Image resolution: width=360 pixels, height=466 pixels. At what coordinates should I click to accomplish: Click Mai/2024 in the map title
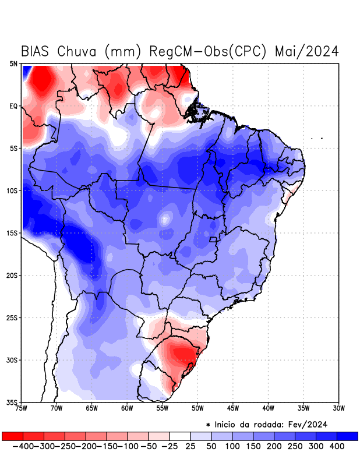(x=307, y=51)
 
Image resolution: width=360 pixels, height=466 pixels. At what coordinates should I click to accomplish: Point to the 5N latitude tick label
(x=13, y=63)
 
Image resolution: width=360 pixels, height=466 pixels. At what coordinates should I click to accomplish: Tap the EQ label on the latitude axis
(x=13, y=106)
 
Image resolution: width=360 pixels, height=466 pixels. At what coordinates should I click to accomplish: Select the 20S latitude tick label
(x=12, y=276)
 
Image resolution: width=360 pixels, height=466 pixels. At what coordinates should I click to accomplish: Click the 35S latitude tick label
(x=12, y=402)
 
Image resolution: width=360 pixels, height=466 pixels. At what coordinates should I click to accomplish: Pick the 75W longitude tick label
(x=22, y=408)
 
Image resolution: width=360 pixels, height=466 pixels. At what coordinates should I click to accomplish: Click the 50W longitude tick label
(x=197, y=408)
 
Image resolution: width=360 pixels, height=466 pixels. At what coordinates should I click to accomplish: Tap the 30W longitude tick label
(x=338, y=408)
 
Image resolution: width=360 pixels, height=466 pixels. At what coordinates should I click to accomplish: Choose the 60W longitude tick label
(x=127, y=408)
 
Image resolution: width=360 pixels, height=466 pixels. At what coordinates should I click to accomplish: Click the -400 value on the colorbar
(x=23, y=446)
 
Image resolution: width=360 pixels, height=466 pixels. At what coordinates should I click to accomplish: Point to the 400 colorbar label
(x=337, y=446)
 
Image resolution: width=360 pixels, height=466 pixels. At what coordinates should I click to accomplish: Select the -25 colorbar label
(x=169, y=446)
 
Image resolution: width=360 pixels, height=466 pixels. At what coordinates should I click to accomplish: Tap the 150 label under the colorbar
(x=253, y=446)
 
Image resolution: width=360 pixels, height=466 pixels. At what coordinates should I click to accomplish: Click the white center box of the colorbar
(x=180, y=436)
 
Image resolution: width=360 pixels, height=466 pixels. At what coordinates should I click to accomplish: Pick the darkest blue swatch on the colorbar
(x=348, y=436)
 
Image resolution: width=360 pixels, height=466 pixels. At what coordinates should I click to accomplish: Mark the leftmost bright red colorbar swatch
(x=12, y=436)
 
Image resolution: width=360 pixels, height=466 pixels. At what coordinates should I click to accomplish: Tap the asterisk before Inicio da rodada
(x=208, y=425)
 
